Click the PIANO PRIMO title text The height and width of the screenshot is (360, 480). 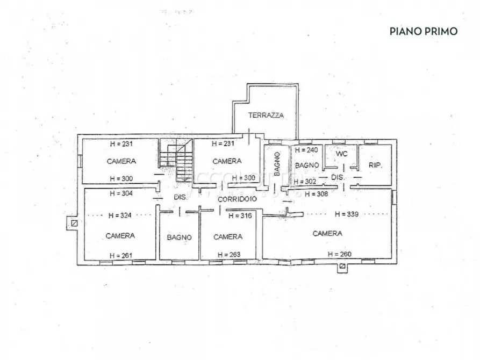pos(423,31)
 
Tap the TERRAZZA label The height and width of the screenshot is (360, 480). pos(266,115)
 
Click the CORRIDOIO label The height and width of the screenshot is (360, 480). pos(237,199)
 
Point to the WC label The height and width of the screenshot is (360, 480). pos(342,154)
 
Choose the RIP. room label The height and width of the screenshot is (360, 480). pos(375,165)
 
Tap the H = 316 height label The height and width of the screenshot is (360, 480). pos(240,216)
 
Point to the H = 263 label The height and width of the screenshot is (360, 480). pos(228,255)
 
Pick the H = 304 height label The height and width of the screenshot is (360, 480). pos(121,193)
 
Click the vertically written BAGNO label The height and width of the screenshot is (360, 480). pos(276,164)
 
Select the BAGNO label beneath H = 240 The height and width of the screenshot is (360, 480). pos(307,165)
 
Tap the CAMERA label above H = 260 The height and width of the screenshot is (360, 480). pos(327,233)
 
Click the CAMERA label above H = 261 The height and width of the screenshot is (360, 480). pos(120,235)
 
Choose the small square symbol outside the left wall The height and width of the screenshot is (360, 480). pos(74,223)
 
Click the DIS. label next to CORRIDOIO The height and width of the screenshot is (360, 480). pos(180,197)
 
